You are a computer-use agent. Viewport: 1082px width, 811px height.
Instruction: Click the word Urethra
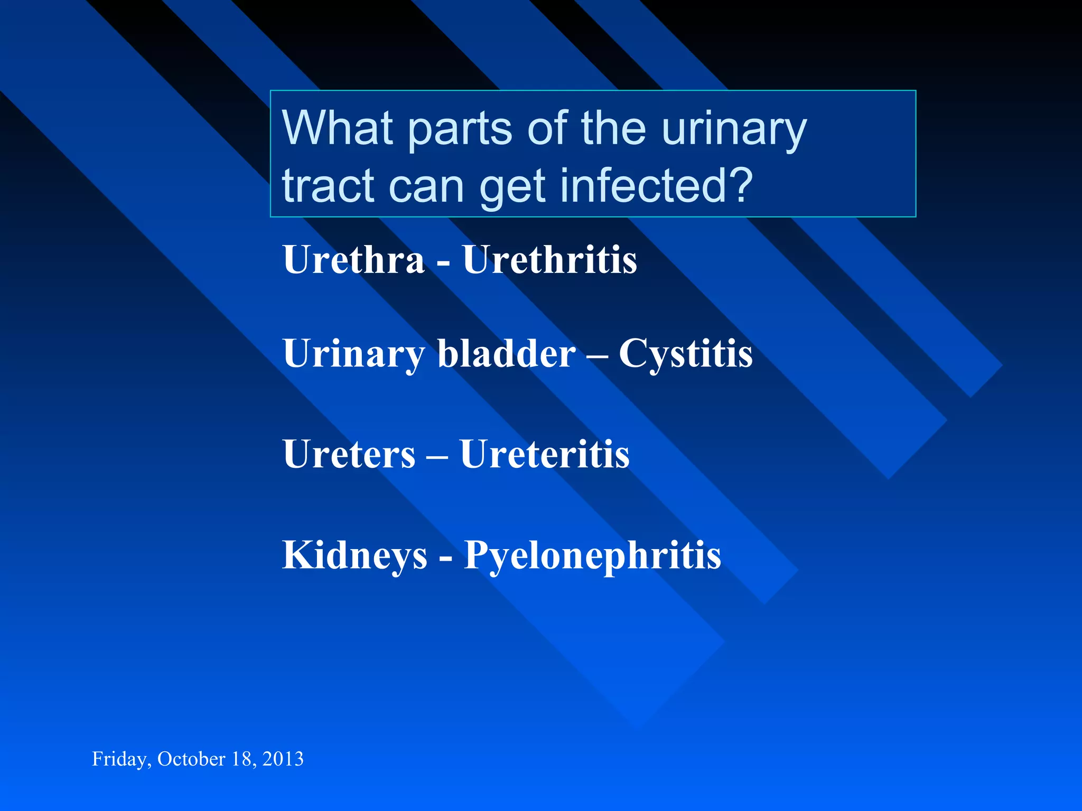click(353, 260)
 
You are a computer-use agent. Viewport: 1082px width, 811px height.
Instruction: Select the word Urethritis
click(550, 260)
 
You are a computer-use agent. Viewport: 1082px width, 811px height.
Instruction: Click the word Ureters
click(349, 454)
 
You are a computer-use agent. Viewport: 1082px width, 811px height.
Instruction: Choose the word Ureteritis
click(545, 454)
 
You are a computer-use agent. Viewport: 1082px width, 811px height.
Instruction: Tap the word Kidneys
click(355, 556)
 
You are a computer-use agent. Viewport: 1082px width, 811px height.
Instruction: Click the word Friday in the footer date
click(120, 759)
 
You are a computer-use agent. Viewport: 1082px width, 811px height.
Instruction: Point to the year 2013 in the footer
click(283, 759)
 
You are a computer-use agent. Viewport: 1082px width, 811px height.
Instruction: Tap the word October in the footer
click(191, 759)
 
